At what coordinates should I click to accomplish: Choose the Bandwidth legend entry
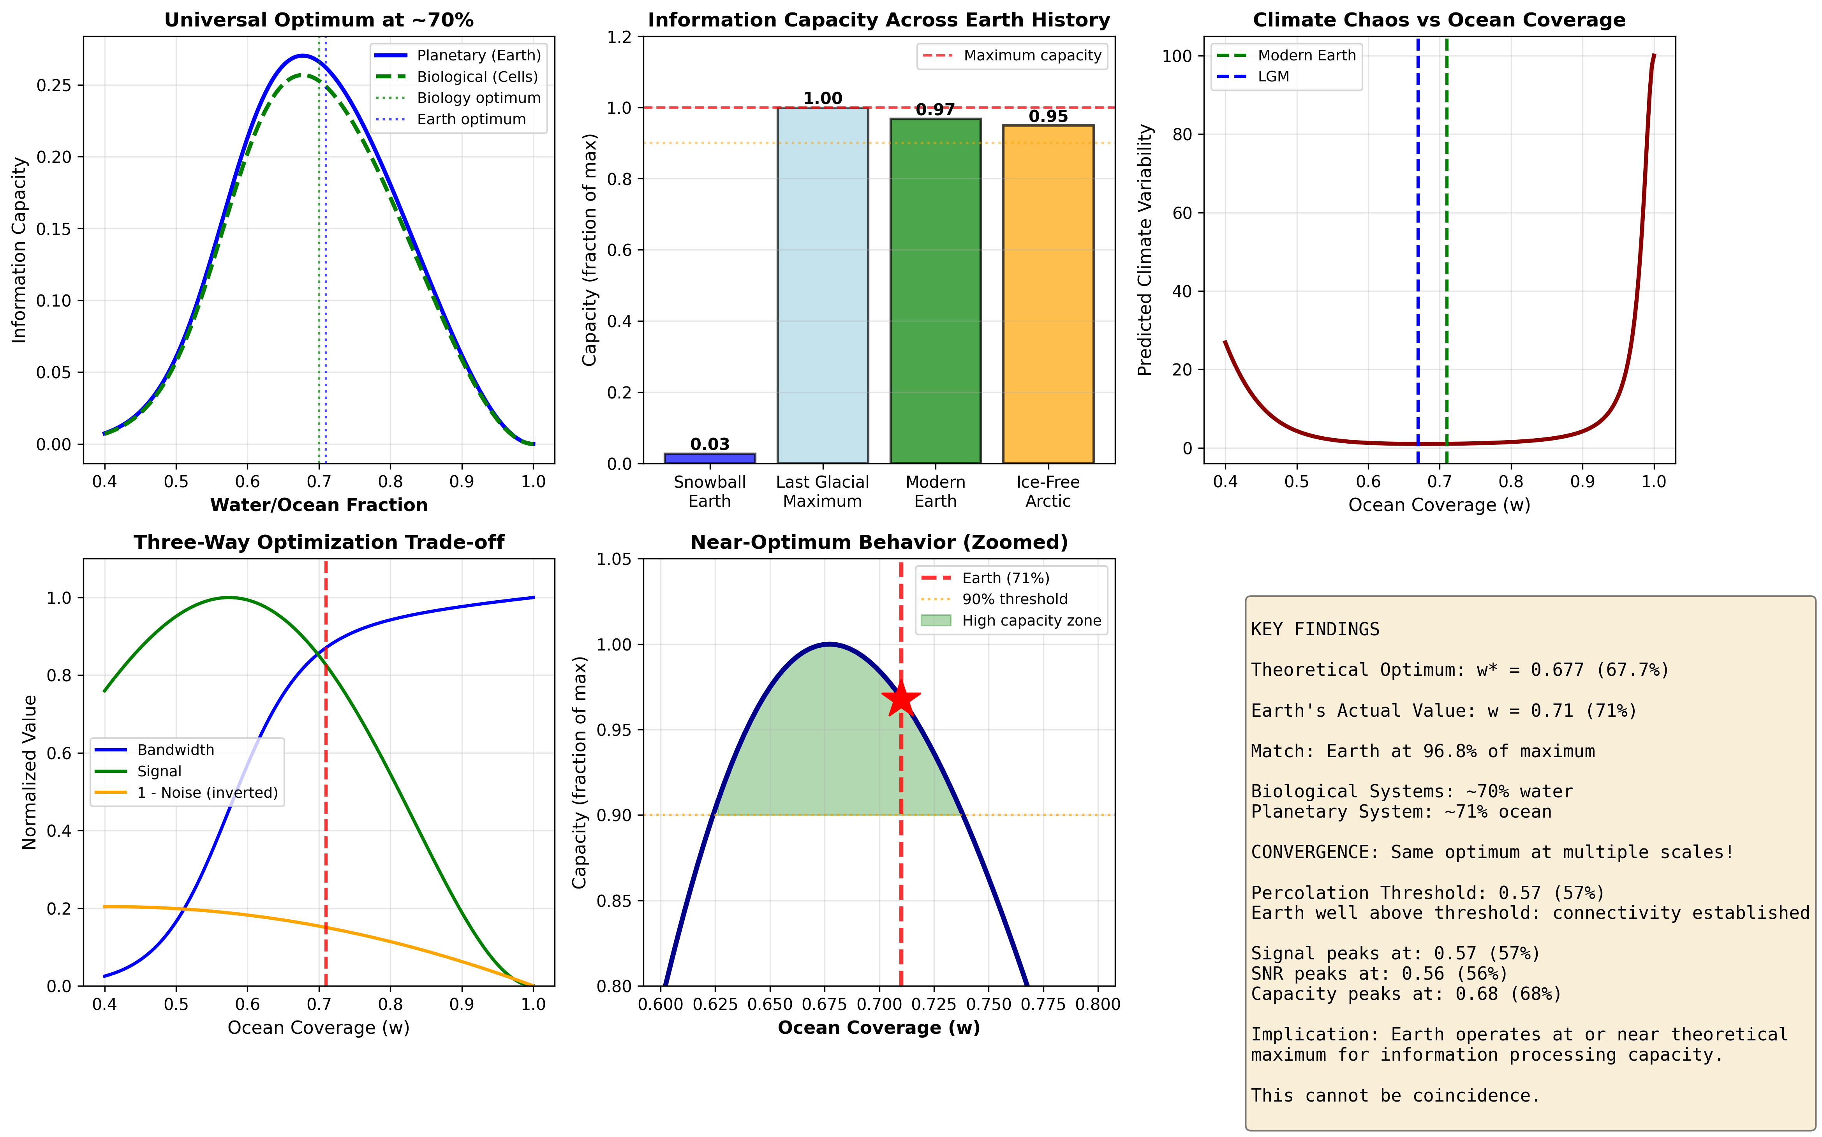point(175,750)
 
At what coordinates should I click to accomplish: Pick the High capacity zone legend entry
point(1031,621)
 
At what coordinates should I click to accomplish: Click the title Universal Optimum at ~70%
point(319,19)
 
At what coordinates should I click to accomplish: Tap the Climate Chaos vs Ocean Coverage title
point(1438,19)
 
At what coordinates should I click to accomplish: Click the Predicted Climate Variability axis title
point(1144,250)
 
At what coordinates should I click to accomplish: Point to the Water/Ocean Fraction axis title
point(319,504)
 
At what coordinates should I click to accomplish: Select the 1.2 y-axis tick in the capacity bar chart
point(620,37)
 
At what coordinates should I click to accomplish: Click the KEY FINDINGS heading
point(1315,629)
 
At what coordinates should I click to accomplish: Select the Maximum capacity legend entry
point(1032,56)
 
